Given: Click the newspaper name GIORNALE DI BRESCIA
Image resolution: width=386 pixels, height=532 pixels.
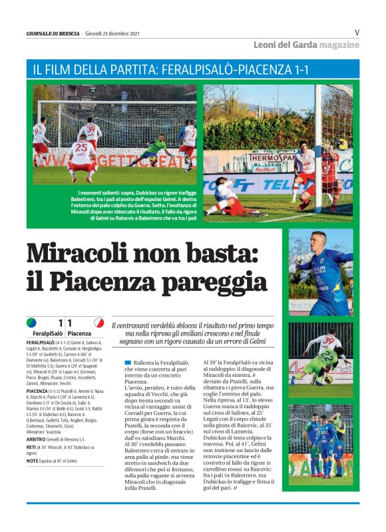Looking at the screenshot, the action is point(53,33).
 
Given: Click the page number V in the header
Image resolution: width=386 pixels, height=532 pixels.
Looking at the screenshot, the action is point(357,32).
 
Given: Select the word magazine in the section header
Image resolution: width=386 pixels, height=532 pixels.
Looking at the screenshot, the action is point(339,45).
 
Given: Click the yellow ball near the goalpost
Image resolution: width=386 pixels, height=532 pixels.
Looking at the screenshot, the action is point(341,143).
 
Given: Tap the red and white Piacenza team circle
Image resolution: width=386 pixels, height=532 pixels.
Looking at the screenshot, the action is point(99,323).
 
